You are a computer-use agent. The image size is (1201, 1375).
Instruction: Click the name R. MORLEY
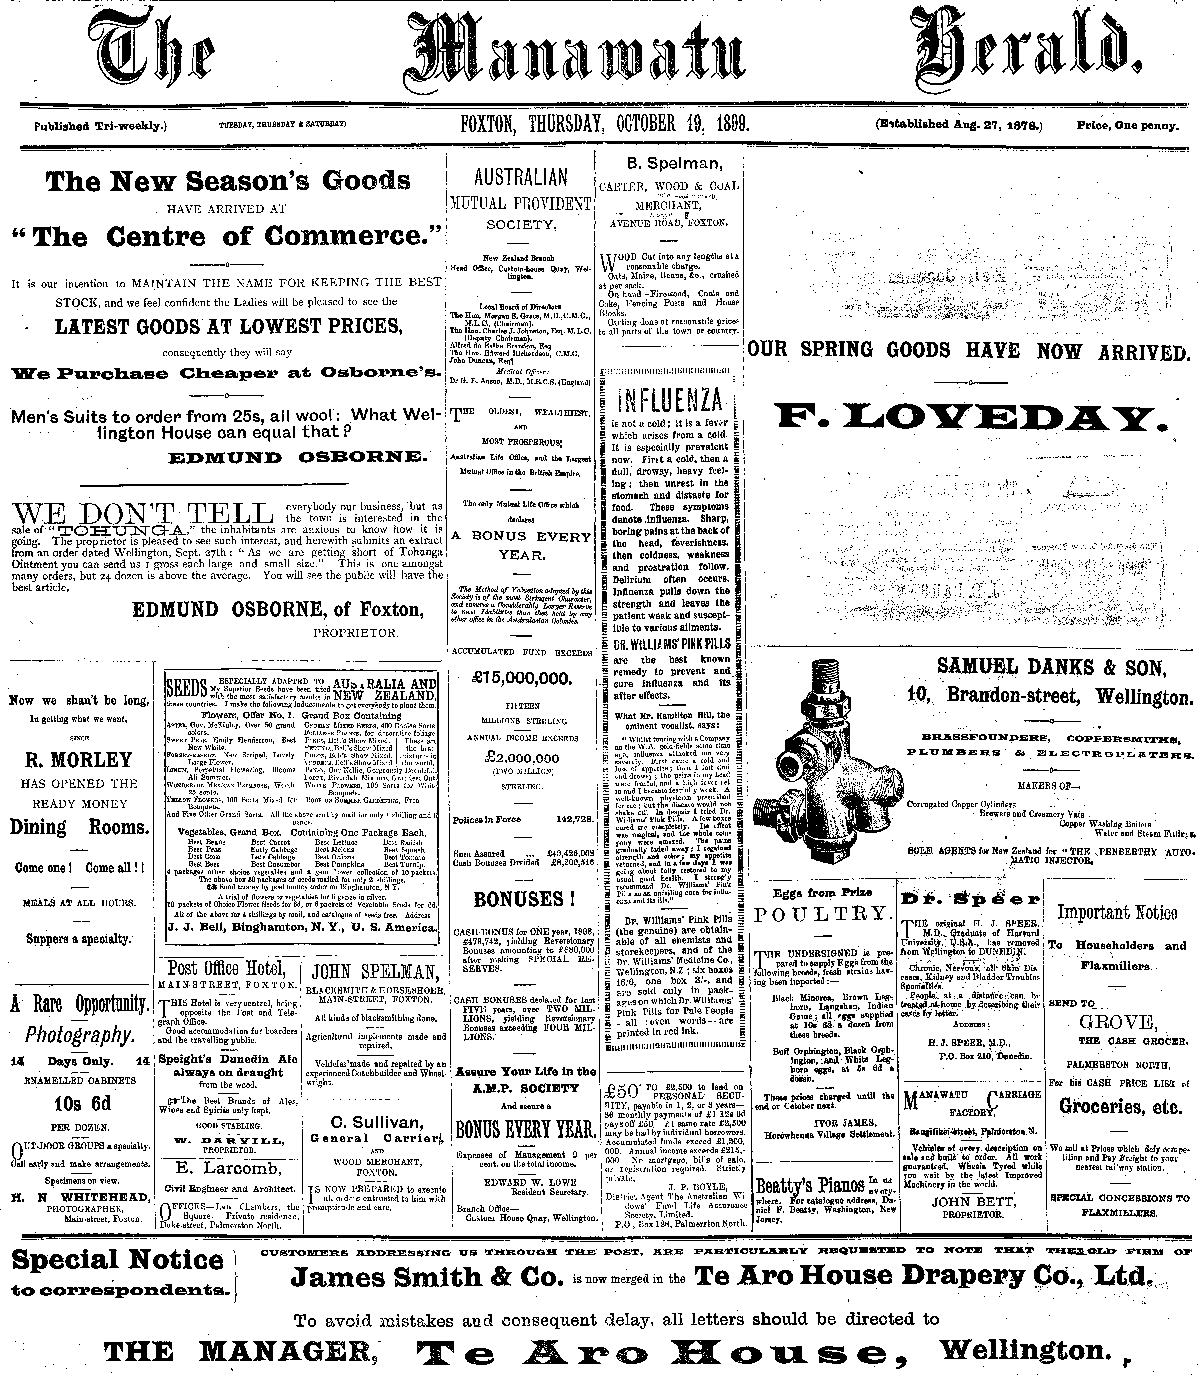[79, 760]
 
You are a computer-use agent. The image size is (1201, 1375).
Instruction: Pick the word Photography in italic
[79, 1035]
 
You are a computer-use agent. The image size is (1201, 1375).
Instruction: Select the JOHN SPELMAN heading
[375, 971]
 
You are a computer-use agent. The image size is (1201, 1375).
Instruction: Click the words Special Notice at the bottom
[118, 1260]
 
